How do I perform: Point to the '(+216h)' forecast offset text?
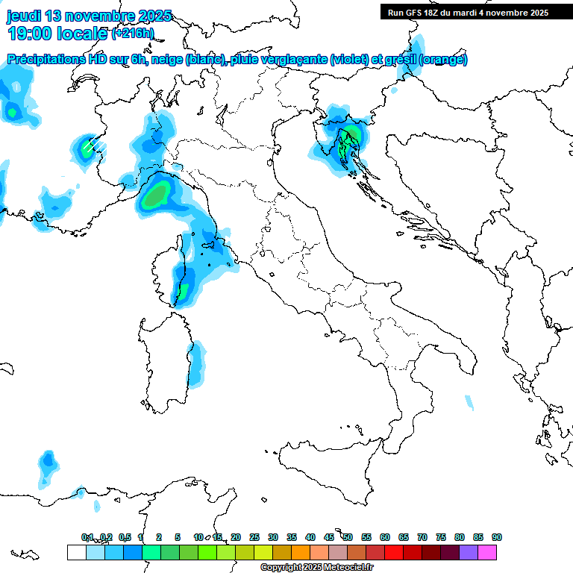tap(132, 34)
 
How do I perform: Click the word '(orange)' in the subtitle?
tap(443, 60)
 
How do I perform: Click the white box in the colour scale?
tap(76, 552)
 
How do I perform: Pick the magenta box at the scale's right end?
tap(487, 552)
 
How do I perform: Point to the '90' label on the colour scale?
tap(497, 537)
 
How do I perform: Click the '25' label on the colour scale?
tap(254, 537)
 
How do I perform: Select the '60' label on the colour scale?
tap(385, 537)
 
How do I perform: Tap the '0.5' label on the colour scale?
tap(125, 537)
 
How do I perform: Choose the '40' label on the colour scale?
tap(310, 537)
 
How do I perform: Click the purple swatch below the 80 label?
tap(469, 552)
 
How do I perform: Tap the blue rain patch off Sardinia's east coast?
tap(196, 366)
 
